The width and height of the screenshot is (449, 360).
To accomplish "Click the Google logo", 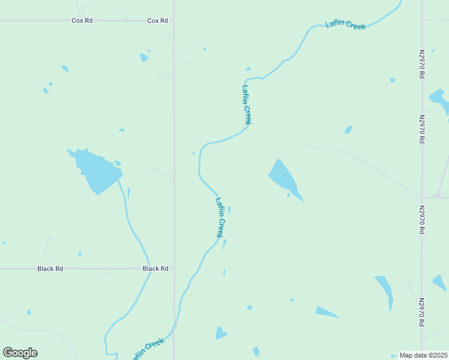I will [20, 353].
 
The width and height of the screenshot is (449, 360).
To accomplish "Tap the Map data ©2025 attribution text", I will [423, 355].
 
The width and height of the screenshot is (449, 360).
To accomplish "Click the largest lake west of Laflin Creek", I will [96, 171].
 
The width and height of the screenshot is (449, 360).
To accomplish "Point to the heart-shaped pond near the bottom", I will [221, 332].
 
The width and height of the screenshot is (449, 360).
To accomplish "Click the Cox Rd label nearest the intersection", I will [157, 20].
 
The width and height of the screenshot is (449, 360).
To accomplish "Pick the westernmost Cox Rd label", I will [82, 20].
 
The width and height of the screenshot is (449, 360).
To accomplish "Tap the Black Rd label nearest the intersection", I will [155, 269].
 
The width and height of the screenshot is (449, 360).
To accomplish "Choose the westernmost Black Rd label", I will [50, 269].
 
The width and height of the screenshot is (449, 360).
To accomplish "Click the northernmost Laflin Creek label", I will [346, 25].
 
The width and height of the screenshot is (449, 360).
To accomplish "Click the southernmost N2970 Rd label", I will [422, 312].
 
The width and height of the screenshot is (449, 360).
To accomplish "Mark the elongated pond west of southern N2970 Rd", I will [385, 290].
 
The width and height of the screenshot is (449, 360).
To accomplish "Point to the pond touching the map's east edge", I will [439, 100].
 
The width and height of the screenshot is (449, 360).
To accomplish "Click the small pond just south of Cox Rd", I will [144, 58].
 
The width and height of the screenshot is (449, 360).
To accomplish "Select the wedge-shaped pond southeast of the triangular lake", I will [326, 312].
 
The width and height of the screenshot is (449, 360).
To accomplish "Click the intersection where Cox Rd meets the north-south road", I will [174, 20].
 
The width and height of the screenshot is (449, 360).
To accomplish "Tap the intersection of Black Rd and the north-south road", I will [174, 269].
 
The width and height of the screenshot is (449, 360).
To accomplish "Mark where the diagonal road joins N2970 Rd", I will [423, 197].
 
